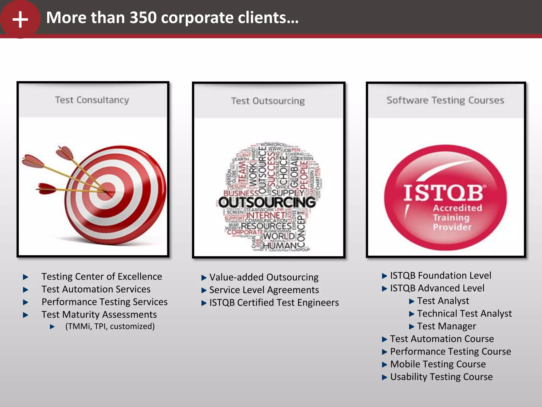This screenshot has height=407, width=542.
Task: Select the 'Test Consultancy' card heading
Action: coord(92,100)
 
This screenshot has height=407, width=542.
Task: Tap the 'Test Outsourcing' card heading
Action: coord(268,101)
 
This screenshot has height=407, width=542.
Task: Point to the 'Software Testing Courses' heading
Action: coord(445,100)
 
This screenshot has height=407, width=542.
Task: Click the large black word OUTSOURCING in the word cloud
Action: coord(267,202)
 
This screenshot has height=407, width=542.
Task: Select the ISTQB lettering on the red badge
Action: coord(443,193)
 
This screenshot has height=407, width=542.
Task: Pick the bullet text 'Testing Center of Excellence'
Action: coord(102,276)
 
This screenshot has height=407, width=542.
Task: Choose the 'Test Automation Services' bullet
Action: coord(96,289)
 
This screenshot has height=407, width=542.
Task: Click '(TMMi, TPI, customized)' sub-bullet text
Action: coord(110,326)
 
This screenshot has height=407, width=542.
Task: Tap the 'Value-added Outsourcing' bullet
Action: coord(264,277)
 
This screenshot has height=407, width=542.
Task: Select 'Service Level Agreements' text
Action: coord(264,290)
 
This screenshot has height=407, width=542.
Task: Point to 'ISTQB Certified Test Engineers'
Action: coord(274,303)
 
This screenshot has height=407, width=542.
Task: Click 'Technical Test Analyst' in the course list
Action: coord(464,313)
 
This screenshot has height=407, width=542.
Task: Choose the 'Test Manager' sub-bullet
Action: coord(446,326)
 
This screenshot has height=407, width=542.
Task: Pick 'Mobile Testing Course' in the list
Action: coord(438,364)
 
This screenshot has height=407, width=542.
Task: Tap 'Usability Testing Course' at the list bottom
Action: coord(441,377)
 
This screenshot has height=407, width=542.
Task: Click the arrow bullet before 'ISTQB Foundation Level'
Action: coord(384,276)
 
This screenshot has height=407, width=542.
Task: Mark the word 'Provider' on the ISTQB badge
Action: coord(452,227)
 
